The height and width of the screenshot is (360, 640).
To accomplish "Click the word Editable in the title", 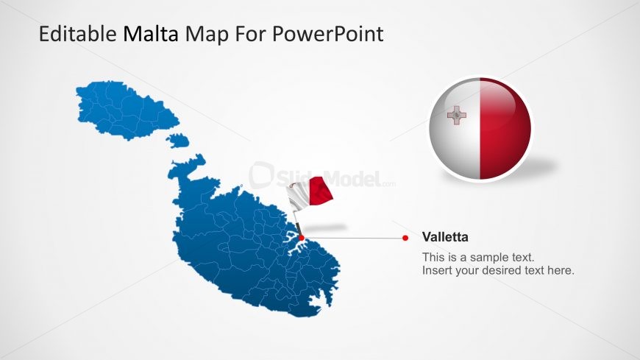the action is coord(77,34).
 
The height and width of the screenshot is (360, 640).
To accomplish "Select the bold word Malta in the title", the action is coord(151,34).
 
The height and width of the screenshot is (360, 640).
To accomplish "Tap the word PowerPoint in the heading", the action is coord(328,34).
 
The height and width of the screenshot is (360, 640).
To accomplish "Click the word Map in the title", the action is coord(207,35).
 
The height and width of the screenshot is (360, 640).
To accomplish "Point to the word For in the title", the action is coord(250,34).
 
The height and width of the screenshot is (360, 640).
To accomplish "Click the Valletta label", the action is coord(445,237).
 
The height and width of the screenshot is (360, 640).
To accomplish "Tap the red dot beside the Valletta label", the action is coord(405,238).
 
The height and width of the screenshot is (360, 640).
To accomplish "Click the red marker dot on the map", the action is coord(301,238).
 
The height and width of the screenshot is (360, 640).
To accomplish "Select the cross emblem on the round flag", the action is coord(457,116).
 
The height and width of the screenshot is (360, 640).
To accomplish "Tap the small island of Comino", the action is coord(178,141).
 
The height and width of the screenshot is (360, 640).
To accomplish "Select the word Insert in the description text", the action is coord(438,270).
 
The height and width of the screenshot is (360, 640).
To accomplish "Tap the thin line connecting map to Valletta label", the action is coord(353,238).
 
